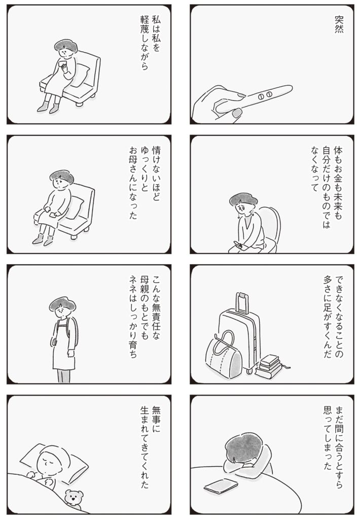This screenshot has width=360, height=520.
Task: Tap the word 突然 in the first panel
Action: (x=338, y=25)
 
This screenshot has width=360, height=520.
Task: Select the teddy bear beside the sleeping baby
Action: (x=75, y=499)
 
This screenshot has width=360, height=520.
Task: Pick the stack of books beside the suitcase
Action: (x=269, y=367)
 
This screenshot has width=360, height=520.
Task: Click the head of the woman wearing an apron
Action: (x=62, y=304)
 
